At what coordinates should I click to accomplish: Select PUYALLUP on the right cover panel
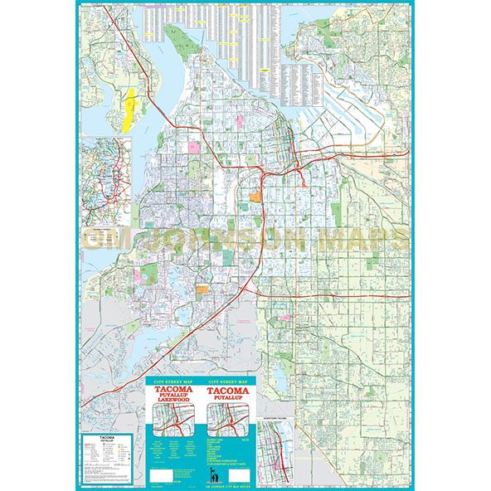coord(230,399)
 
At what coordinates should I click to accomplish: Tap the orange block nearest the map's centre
coord(255,197)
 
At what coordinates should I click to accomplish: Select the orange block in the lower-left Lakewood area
coord(202,289)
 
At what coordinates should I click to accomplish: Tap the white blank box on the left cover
coord(163,476)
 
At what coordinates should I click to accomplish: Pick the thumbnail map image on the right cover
coord(230,422)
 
